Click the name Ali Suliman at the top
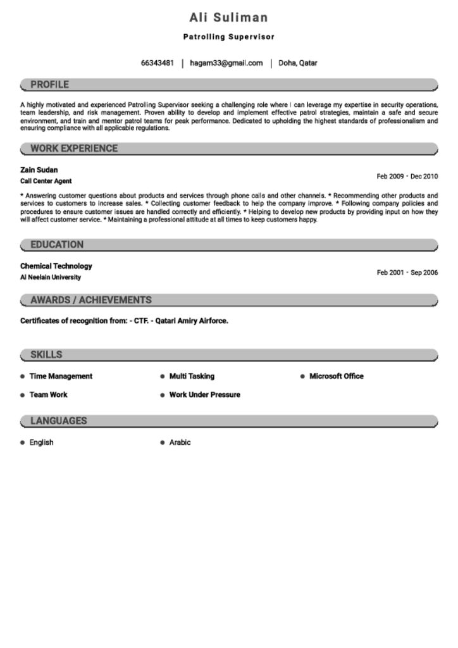[228, 18]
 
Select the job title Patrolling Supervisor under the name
[228, 37]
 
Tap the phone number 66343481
[157, 63]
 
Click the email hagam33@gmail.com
[226, 63]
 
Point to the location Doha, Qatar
[298, 63]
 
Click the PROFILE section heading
[49, 85]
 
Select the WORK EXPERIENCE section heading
[74, 149]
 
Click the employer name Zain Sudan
[39, 170]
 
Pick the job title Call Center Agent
[46, 181]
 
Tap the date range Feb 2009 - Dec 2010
[407, 177]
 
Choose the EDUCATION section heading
[57, 245]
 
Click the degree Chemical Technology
[56, 266]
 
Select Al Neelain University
[51, 277]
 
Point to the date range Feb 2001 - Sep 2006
[407, 273]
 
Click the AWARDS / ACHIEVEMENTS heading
[91, 300]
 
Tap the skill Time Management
[61, 376]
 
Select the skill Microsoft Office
[336, 376]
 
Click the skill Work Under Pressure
[204, 395]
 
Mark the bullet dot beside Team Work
[23, 395]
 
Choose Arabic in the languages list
[180, 442]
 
